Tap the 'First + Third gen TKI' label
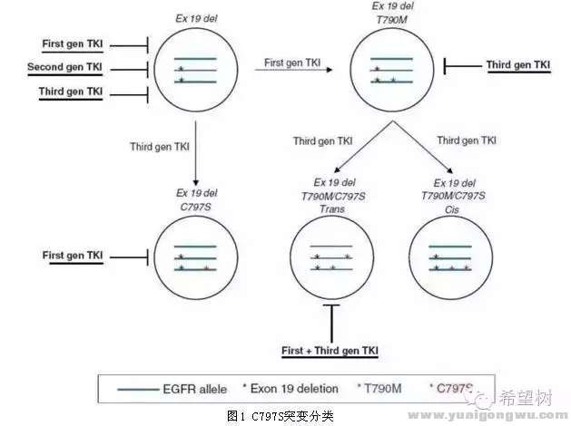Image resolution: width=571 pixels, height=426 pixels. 329,350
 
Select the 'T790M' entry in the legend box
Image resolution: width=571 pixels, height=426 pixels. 384,389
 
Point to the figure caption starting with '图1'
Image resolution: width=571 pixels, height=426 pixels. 281,415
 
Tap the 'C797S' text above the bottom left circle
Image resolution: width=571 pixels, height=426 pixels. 196,207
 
